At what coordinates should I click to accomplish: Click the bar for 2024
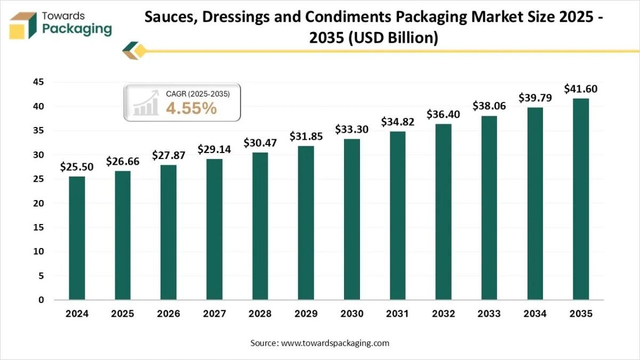coord(77,238)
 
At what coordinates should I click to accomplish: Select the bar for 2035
coord(581,199)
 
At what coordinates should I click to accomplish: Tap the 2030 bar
coord(352,219)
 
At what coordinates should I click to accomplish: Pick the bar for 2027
coord(214,229)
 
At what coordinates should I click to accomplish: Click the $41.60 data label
coord(581,89)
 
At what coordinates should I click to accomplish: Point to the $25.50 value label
coord(77,167)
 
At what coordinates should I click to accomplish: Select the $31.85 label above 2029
coord(306,136)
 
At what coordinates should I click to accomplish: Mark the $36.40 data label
coord(443,114)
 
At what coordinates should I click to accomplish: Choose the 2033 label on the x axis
coord(489,314)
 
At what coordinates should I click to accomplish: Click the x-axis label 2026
coord(169,314)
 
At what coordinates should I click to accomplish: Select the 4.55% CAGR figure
coord(191,108)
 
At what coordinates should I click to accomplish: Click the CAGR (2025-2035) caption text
coord(197,94)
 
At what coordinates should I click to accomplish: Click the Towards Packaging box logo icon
coord(23,26)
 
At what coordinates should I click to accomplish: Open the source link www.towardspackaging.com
coord(335,343)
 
